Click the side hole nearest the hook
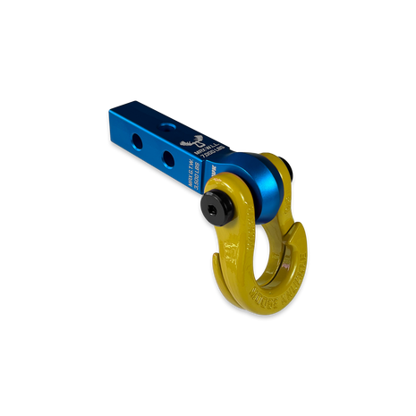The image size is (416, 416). pos(168,156)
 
